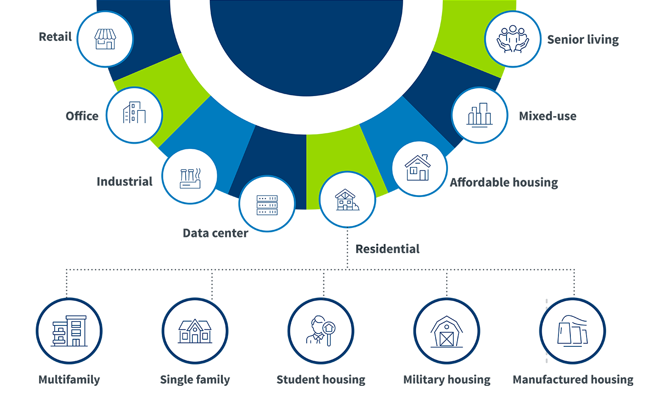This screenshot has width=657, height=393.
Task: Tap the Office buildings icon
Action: pos(134,115)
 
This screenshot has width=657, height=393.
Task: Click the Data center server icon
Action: pos(267,204)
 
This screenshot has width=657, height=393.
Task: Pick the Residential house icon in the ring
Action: pos(347,199)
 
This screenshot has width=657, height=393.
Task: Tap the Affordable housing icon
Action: pos(419,167)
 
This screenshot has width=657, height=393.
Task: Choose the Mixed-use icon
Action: pos(479,115)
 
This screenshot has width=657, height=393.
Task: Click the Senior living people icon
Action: pos(513,39)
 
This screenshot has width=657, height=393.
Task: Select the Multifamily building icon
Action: pos(69,331)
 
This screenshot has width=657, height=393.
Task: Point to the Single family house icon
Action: pos(195,331)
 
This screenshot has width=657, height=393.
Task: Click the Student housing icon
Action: pos(320,331)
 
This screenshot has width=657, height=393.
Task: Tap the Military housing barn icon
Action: pos(447,331)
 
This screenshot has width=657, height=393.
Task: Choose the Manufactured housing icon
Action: pos(572,331)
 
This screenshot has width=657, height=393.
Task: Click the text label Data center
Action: pos(215,233)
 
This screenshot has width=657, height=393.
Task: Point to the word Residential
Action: pos(388,249)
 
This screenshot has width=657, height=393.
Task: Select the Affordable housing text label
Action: pos(504,182)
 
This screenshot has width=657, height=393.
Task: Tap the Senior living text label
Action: pos(583,39)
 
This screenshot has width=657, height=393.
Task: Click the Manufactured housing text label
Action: pos(573,380)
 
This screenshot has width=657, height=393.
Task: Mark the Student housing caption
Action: pos(321,380)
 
